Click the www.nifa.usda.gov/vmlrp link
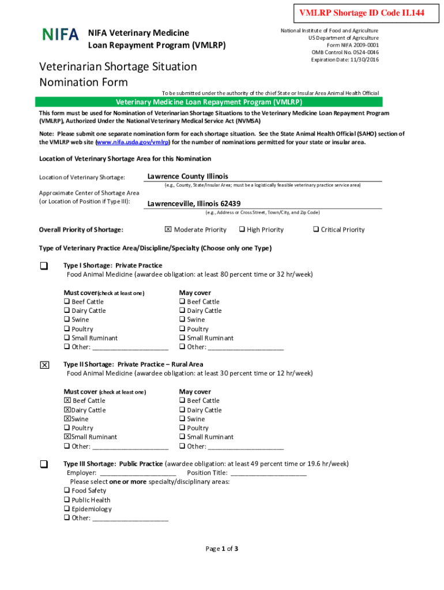pyautogui.click(x=129, y=142)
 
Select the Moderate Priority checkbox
pyautogui.click(x=168, y=229)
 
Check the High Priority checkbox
pyautogui.click(x=242, y=229)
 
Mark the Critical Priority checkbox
pyautogui.click(x=315, y=229)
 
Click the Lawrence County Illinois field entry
pyautogui.click(x=188, y=176)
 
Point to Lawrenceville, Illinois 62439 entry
pyautogui.click(x=194, y=203)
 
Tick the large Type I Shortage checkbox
pyautogui.click(x=44, y=266)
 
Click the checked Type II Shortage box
pyautogui.click(x=44, y=365)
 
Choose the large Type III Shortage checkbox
pyautogui.click(x=44, y=464)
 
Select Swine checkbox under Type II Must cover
pyautogui.click(x=67, y=419)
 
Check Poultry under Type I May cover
pyautogui.click(x=182, y=329)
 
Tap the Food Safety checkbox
pyautogui.click(x=67, y=490)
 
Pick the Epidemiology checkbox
pyautogui.click(x=67, y=509)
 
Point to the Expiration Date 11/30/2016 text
pyautogui.click(x=345, y=59)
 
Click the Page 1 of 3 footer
pyautogui.click(x=222, y=549)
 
